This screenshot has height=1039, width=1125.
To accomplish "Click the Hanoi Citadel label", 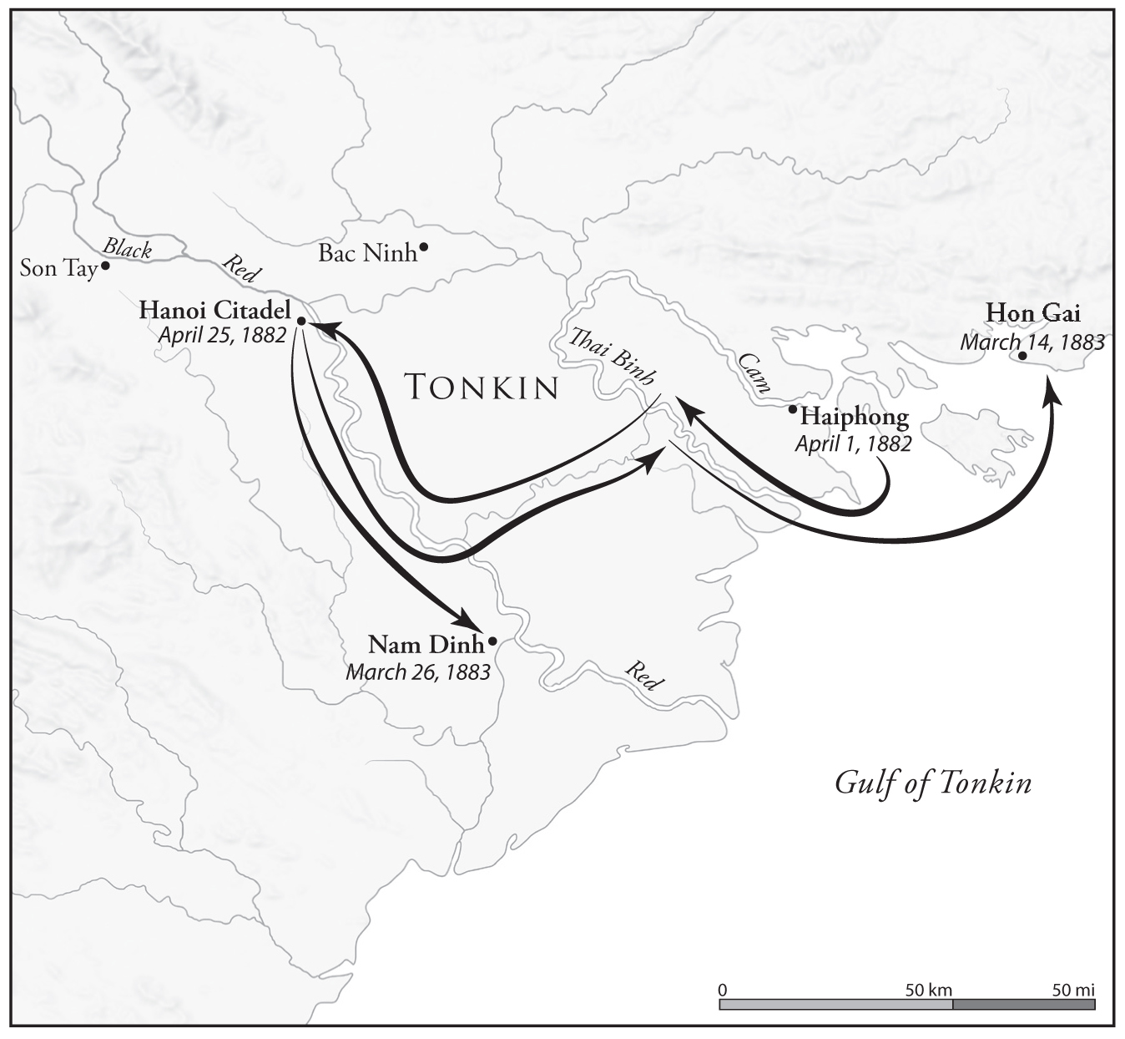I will tap(214, 309).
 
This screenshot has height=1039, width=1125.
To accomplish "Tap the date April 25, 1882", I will tap(222, 335).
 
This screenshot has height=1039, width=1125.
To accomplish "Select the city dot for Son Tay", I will tap(106, 266).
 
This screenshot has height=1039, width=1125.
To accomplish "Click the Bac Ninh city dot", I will tap(424, 246).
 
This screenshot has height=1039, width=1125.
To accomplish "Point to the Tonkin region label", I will tap(481, 388).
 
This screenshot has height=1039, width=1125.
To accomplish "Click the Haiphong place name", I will tap(854, 416).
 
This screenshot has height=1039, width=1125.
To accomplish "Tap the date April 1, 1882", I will tap(853, 443).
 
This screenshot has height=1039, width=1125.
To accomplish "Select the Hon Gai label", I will tap(1032, 313).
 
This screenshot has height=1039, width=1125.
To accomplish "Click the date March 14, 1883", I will tap(1032, 342).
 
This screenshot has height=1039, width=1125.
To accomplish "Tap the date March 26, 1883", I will tap(418, 672).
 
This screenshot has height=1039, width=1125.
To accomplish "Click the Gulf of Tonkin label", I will tap(933, 783).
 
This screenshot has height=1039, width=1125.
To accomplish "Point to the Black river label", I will tap(128, 248).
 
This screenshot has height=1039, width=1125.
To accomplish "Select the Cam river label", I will tap(754, 373).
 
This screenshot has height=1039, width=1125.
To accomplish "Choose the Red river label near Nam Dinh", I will tap(643, 676).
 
